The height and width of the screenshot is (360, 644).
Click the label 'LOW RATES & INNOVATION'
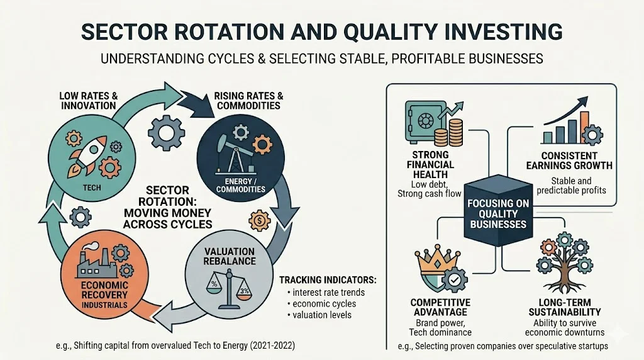tap(89, 100)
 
